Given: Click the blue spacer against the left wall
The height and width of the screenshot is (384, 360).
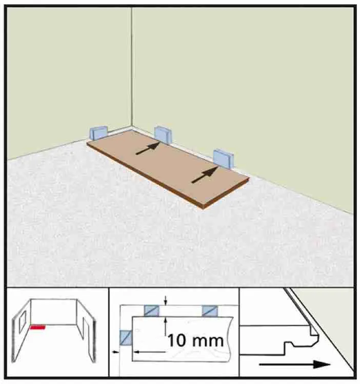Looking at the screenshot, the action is click(98, 133).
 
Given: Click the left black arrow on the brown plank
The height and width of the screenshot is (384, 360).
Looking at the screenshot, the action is click(148, 148).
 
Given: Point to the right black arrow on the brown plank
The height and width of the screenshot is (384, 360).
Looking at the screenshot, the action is click(205, 175).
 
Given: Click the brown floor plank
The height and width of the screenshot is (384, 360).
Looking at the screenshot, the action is click(168, 169).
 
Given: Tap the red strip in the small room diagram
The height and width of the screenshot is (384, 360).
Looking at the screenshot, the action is click(37, 327).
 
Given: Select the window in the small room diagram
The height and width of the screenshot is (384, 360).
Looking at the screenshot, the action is click(22, 320).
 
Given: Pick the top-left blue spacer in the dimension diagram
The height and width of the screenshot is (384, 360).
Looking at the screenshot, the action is click(151, 311).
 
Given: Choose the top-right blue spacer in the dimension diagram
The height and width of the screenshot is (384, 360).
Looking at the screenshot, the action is click(210, 311).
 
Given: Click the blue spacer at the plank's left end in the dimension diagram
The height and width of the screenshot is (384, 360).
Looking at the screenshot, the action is click(126, 338).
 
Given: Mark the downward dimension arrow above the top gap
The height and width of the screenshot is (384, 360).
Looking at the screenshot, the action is click(166, 300).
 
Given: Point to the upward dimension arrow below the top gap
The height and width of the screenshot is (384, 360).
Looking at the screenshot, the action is click(166, 325).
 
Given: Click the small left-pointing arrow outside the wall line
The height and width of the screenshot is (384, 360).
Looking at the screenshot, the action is click(115, 352).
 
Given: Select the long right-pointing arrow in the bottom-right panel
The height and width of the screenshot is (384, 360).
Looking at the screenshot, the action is click(295, 364).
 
